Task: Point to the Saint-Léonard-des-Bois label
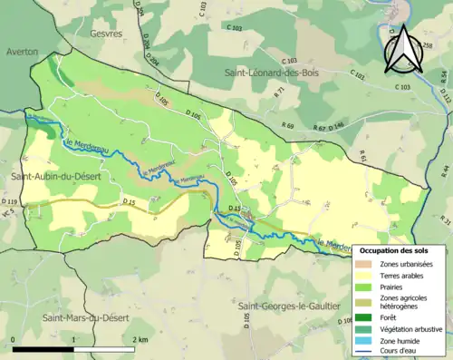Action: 277,71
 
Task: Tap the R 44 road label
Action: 445,170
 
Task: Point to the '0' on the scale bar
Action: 13,338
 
